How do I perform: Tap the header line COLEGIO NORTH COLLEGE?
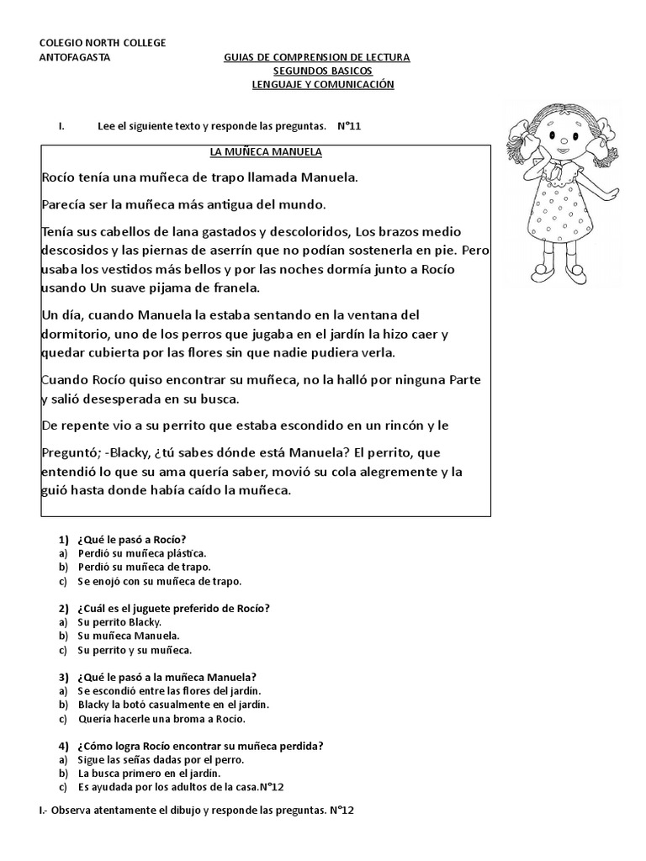[103, 43]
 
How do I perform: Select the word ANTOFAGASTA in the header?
[74, 57]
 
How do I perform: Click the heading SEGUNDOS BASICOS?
[315, 71]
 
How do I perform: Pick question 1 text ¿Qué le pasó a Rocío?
[131, 539]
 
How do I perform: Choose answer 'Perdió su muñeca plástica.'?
[141, 553]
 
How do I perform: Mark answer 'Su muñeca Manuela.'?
[128, 636]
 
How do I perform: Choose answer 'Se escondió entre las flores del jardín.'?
[163, 690]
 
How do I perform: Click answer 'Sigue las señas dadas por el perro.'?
[161, 759]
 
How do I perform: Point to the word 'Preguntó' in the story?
[71, 451]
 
